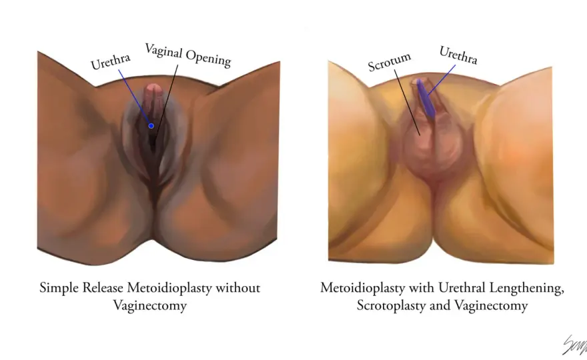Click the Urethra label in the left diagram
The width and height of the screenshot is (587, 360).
click(x=111, y=62)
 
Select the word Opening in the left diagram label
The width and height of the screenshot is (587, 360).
click(x=209, y=59)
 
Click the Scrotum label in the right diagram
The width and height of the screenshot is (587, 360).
click(x=390, y=62)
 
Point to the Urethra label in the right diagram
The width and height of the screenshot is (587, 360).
click(x=458, y=55)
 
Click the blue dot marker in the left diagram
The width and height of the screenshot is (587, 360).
click(x=151, y=126)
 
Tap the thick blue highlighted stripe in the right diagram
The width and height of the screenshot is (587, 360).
click(x=426, y=98)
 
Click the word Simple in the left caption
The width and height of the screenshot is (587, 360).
click(x=59, y=289)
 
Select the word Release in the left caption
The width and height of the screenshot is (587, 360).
click(x=103, y=288)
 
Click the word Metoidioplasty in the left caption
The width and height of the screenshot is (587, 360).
click(x=169, y=289)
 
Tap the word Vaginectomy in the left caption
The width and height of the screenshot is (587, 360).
click(x=149, y=306)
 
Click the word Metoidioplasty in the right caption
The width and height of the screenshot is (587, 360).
click(x=363, y=289)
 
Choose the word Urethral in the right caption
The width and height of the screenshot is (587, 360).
click(x=462, y=288)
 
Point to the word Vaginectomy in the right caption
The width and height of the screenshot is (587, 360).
click(x=492, y=306)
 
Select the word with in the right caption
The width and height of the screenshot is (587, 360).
click(x=422, y=288)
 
